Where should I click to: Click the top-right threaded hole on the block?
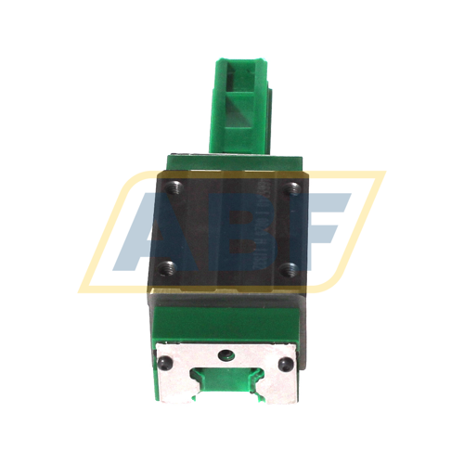pyautogui.click(x=294, y=188)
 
